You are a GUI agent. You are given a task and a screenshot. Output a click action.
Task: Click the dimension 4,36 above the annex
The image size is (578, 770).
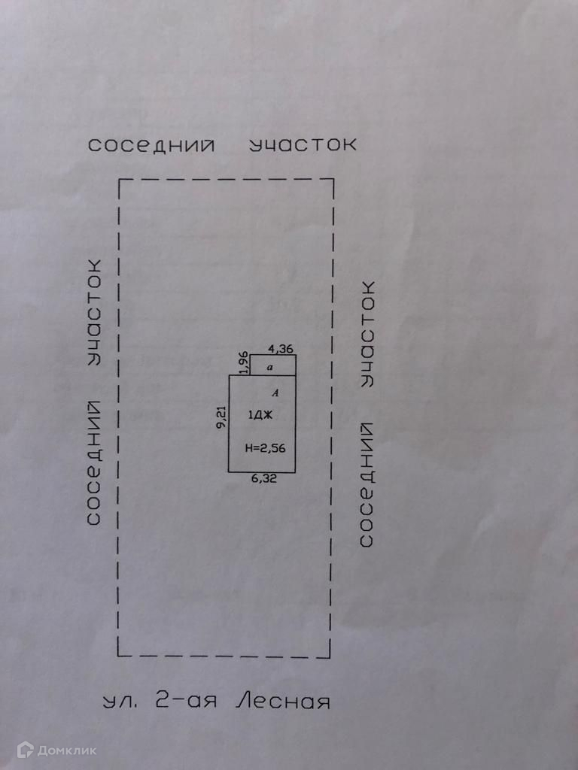coord(280,348)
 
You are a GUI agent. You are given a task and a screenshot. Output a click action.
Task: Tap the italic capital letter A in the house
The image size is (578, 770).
coord(275,393)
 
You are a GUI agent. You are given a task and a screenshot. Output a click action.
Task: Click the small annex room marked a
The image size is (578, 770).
coord(271,365)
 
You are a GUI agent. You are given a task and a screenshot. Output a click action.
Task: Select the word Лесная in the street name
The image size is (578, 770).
coord(283,702)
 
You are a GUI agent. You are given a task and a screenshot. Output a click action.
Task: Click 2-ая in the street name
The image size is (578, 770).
coord(185,702)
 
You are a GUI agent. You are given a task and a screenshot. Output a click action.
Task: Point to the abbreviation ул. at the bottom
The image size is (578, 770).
coord(120,703)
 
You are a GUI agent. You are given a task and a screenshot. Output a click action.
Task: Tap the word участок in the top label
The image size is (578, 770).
coord(303,144)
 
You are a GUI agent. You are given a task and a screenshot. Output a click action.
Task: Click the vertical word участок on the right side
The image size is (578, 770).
coord(367,333)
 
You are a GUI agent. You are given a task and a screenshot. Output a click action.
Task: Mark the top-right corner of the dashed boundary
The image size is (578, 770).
coord(333,180)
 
